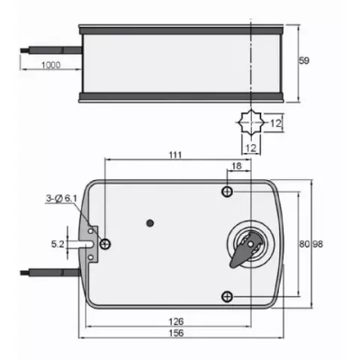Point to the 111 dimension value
(x=175, y=156)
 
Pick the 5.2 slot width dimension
(x=58, y=243)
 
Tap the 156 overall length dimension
(x=179, y=333)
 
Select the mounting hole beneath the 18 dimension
(x=229, y=192)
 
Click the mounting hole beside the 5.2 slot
(x=107, y=244)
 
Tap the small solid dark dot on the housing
(x=151, y=221)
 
